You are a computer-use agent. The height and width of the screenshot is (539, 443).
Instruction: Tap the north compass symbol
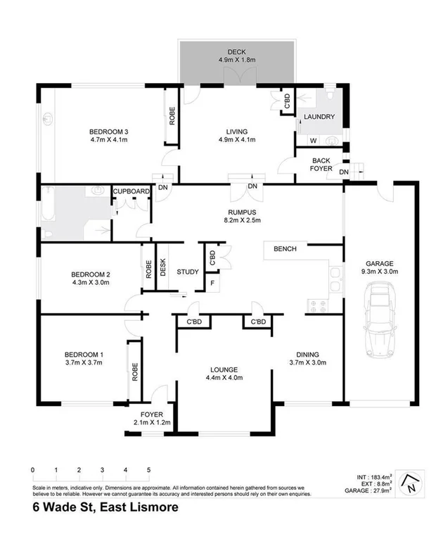pos(413,483)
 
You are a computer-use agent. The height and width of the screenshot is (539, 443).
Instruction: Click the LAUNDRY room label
pos(319,117)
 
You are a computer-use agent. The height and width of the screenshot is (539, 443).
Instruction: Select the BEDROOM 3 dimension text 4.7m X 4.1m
pos(108,140)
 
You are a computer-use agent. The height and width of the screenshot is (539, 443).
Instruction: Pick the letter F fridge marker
pos(212,284)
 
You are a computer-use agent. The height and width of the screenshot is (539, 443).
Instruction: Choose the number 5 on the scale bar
pos(148,469)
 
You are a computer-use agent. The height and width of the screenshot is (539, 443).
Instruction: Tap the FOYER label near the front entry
pos(151,414)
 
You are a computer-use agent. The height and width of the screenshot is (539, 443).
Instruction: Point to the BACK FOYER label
pos(321,165)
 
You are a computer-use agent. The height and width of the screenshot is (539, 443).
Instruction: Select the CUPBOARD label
pos(131,191)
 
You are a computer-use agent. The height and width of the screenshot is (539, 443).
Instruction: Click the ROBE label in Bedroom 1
pos(134,372)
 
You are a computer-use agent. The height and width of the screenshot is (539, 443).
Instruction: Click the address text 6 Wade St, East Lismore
pos(104,508)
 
